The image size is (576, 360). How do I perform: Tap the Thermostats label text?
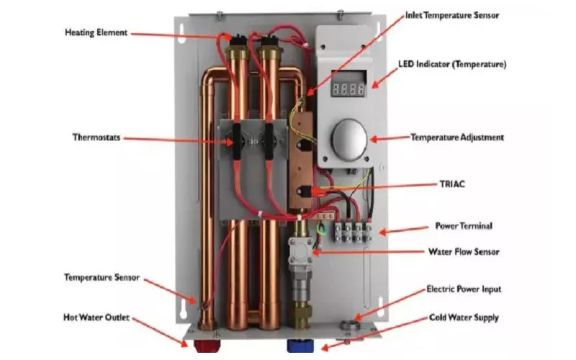coord(99,136)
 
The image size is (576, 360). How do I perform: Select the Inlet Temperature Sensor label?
coord(451,14)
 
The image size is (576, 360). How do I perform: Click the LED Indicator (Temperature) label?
coord(452,64)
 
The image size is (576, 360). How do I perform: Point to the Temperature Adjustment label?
coord(456,137)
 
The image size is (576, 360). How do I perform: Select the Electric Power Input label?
coord(464,289)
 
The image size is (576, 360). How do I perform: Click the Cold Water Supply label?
coord(464,317)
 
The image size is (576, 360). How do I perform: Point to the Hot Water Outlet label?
coord(96,317)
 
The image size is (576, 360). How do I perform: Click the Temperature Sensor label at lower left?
coord(101,276)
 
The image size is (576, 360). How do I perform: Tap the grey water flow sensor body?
coord(299,251)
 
